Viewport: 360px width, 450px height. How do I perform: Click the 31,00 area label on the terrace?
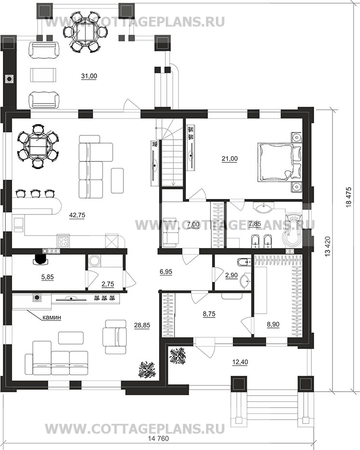pyautogui.click(x=89, y=76)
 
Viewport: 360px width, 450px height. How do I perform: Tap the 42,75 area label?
pyautogui.click(x=77, y=215)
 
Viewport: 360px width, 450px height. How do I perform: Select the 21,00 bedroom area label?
pyautogui.click(x=230, y=159)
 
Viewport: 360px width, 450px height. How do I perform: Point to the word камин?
pyautogui.click(x=52, y=318)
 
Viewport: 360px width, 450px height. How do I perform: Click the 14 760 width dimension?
pyautogui.click(x=158, y=446)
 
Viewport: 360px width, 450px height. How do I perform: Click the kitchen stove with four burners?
pyautogui.click(x=64, y=241)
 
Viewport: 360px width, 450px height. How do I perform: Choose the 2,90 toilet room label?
pyautogui.click(x=231, y=275)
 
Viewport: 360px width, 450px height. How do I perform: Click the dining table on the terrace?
pyautogui.click(x=85, y=32)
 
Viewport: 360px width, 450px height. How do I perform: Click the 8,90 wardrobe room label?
pyautogui.click(x=273, y=324)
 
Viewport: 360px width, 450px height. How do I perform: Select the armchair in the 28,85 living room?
pyautogui.click(x=115, y=337)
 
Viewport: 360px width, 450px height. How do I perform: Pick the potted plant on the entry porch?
pyautogui.click(x=178, y=356)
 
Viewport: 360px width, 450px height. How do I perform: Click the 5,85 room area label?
pyautogui.click(x=48, y=277)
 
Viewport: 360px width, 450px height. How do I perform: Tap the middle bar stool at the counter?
pyautogui.click(x=35, y=193)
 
